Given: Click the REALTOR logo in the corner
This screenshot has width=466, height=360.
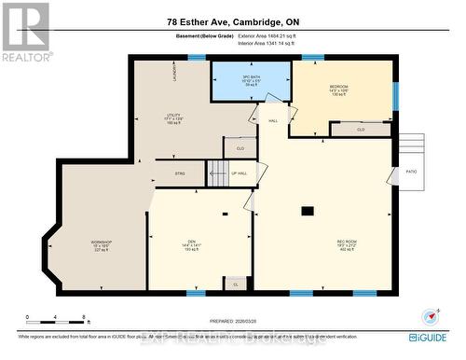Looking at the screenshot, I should (25, 32).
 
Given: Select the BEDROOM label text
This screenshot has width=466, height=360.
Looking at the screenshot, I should (338, 90).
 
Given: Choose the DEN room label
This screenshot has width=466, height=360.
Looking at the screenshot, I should (190, 244).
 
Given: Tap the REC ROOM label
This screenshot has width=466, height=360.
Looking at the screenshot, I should (347, 245).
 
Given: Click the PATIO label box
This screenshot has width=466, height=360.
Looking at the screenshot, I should (410, 171).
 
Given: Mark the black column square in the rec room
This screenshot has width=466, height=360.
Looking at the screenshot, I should (307, 211).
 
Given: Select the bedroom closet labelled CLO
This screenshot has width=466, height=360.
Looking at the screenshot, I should (360, 131).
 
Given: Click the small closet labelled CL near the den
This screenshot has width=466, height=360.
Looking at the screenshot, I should (235, 283).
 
